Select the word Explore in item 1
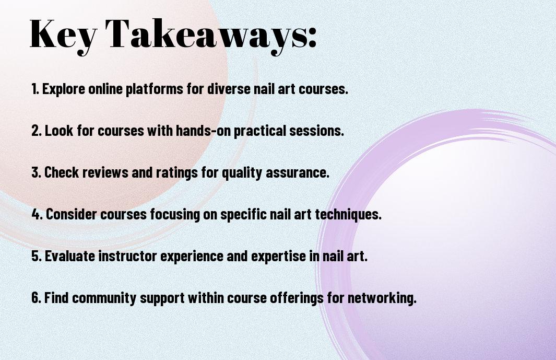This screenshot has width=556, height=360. (x=64, y=89)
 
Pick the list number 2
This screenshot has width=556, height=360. (x=37, y=131)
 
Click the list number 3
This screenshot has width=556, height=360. (x=37, y=172)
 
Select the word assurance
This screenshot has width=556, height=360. (x=298, y=172)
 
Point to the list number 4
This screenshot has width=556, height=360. (x=37, y=214)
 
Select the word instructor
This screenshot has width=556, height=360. (x=127, y=256)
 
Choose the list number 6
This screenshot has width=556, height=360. (x=37, y=297)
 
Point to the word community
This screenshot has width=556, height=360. (x=104, y=298)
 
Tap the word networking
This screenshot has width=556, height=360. (x=382, y=297)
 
